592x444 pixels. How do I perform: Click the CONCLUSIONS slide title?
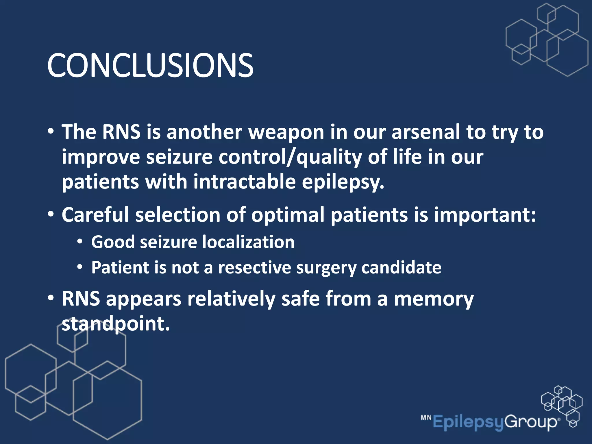tap(150, 66)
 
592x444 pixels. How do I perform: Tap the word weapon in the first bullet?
tap(286, 132)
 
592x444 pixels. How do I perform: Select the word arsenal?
tap(425, 132)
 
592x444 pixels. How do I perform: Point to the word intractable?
tap(245, 182)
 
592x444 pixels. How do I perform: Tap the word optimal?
tap(288, 216)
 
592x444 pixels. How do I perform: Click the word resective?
tap(254, 267)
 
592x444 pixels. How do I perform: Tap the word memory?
tap(434, 299)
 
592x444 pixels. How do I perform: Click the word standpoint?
tap(116, 324)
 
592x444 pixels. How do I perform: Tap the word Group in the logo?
tap(531, 422)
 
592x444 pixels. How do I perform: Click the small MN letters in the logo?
tap(426, 417)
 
